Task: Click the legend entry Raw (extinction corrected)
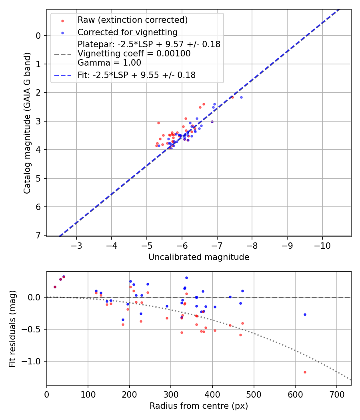pyautogui.click(x=132, y=20)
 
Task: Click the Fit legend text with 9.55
pyautogui.click(x=136, y=75)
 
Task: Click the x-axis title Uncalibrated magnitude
pyautogui.click(x=199, y=257)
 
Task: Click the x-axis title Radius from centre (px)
pyautogui.click(x=199, y=406)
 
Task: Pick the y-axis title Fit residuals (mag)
pyautogui.click(x=12, y=329)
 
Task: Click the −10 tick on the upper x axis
pyautogui.click(x=322, y=245)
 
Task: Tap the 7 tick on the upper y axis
pyautogui.click(x=39, y=235)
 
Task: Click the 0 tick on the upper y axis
pyautogui.click(x=39, y=36)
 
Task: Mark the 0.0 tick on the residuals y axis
pyautogui.click(x=35, y=297)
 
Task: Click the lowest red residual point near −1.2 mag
pyautogui.click(x=305, y=372)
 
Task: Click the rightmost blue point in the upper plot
pyautogui.click(x=241, y=97)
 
